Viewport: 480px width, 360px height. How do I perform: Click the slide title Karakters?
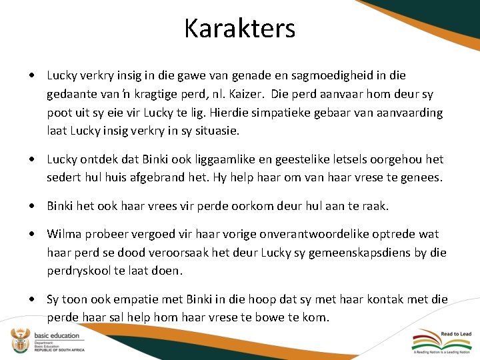tap(240, 29)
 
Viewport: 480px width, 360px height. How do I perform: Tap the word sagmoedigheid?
tap(341, 75)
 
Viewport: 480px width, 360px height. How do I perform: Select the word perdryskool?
tap(79, 271)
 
